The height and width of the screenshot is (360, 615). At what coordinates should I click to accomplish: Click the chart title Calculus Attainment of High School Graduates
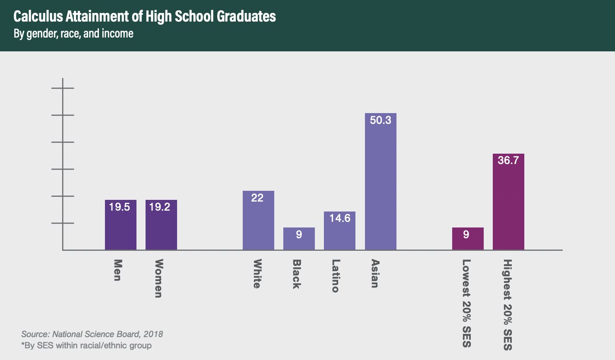[145, 17]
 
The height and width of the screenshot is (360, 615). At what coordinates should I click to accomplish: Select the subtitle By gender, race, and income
[73, 34]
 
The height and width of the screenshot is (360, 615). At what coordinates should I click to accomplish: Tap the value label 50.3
[380, 120]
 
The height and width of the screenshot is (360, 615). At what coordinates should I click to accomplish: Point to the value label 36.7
[508, 161]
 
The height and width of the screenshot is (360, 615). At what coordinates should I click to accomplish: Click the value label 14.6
[339, 218]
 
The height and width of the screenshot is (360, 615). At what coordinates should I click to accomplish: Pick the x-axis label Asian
[375, 273]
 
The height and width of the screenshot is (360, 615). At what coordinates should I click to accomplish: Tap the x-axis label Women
[159, 278]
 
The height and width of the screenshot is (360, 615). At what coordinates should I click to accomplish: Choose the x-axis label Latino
[335, 276]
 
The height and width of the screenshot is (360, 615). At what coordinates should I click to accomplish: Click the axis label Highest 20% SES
[508, 305]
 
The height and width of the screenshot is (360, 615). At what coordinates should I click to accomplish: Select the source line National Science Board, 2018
[92, 334]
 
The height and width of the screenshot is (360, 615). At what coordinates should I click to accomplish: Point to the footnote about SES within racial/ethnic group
[86, 345]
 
